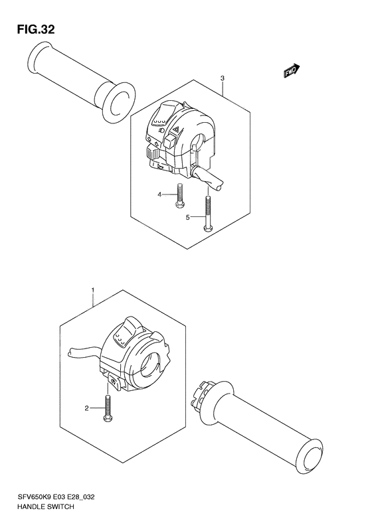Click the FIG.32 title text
[x=31, y=29]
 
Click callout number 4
[x=160, y=194]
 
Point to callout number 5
[x=188, y=217]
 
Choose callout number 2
[x=86, y=408]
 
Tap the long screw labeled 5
[x=209, y=212]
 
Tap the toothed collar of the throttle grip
[x=202, y=398]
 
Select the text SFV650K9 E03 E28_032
[x=53, y=497]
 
